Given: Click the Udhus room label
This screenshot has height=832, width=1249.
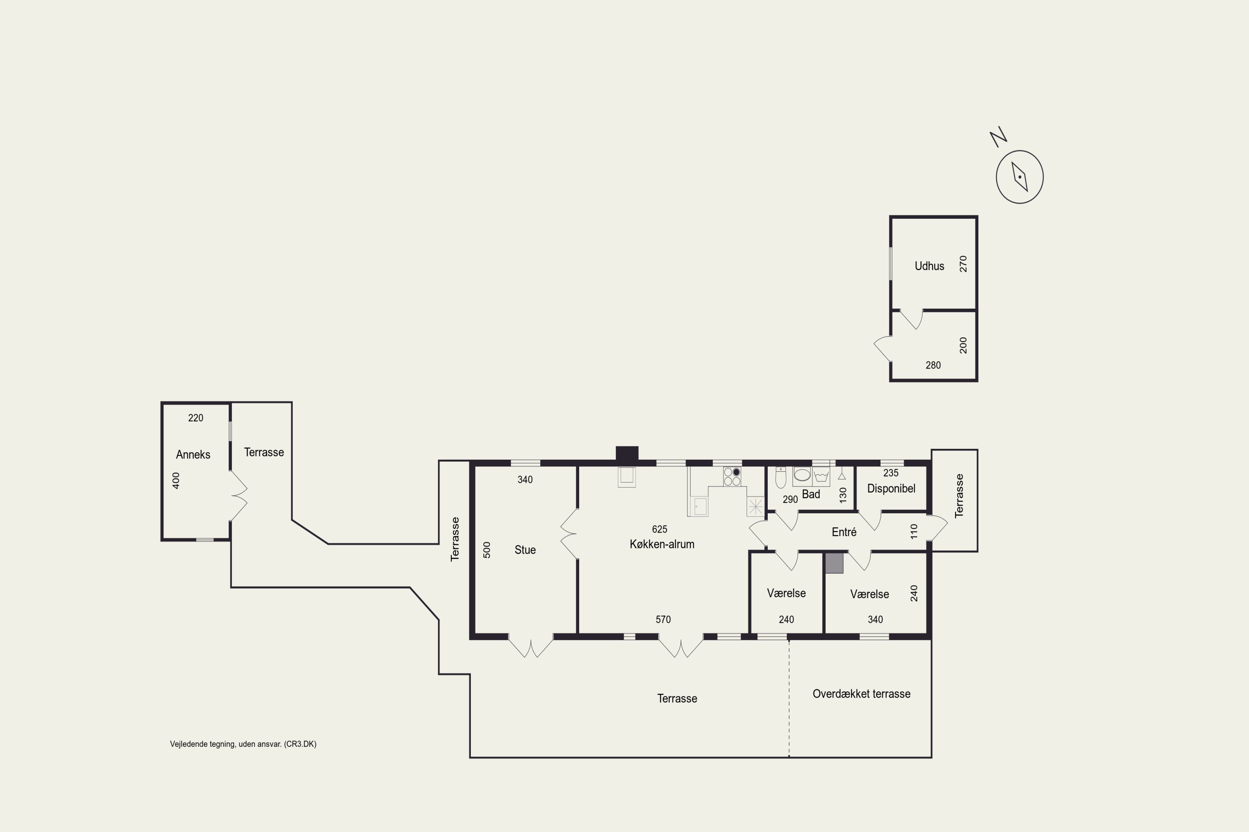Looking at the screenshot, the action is [x=929, y=266].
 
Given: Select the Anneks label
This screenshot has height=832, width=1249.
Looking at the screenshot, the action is [x=193, y=454].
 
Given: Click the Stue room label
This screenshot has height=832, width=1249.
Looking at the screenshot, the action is [x=525, y=550].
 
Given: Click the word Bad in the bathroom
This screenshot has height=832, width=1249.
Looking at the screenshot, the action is [x=811, y=494].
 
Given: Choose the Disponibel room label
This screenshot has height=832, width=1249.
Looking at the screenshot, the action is [x=891, y=488].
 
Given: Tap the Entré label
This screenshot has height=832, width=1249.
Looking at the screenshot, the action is [x=844, y=532].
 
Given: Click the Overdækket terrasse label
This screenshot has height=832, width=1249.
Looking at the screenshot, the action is [x=861, y=693].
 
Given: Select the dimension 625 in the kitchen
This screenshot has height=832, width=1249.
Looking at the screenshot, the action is [x=659, y=529].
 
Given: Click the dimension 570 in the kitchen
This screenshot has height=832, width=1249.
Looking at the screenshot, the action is [x=663, y=619].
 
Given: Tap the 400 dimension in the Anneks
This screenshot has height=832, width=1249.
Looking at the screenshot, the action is [x=176, y=480].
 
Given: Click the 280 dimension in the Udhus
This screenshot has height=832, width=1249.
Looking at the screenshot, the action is [x=933, y=365].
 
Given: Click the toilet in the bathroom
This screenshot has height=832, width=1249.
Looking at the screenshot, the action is [x=781, y=478].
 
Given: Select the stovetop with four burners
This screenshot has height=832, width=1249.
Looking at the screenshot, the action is [x=732, y=476].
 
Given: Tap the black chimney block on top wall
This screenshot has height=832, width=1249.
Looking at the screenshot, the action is [x=627, y=454].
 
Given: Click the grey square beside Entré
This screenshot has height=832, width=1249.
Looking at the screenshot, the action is [x=834, y=563].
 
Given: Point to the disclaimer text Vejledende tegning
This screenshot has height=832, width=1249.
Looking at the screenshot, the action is [x=243, y=744].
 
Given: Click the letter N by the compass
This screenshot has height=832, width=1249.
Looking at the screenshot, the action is [x=998, y=137].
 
